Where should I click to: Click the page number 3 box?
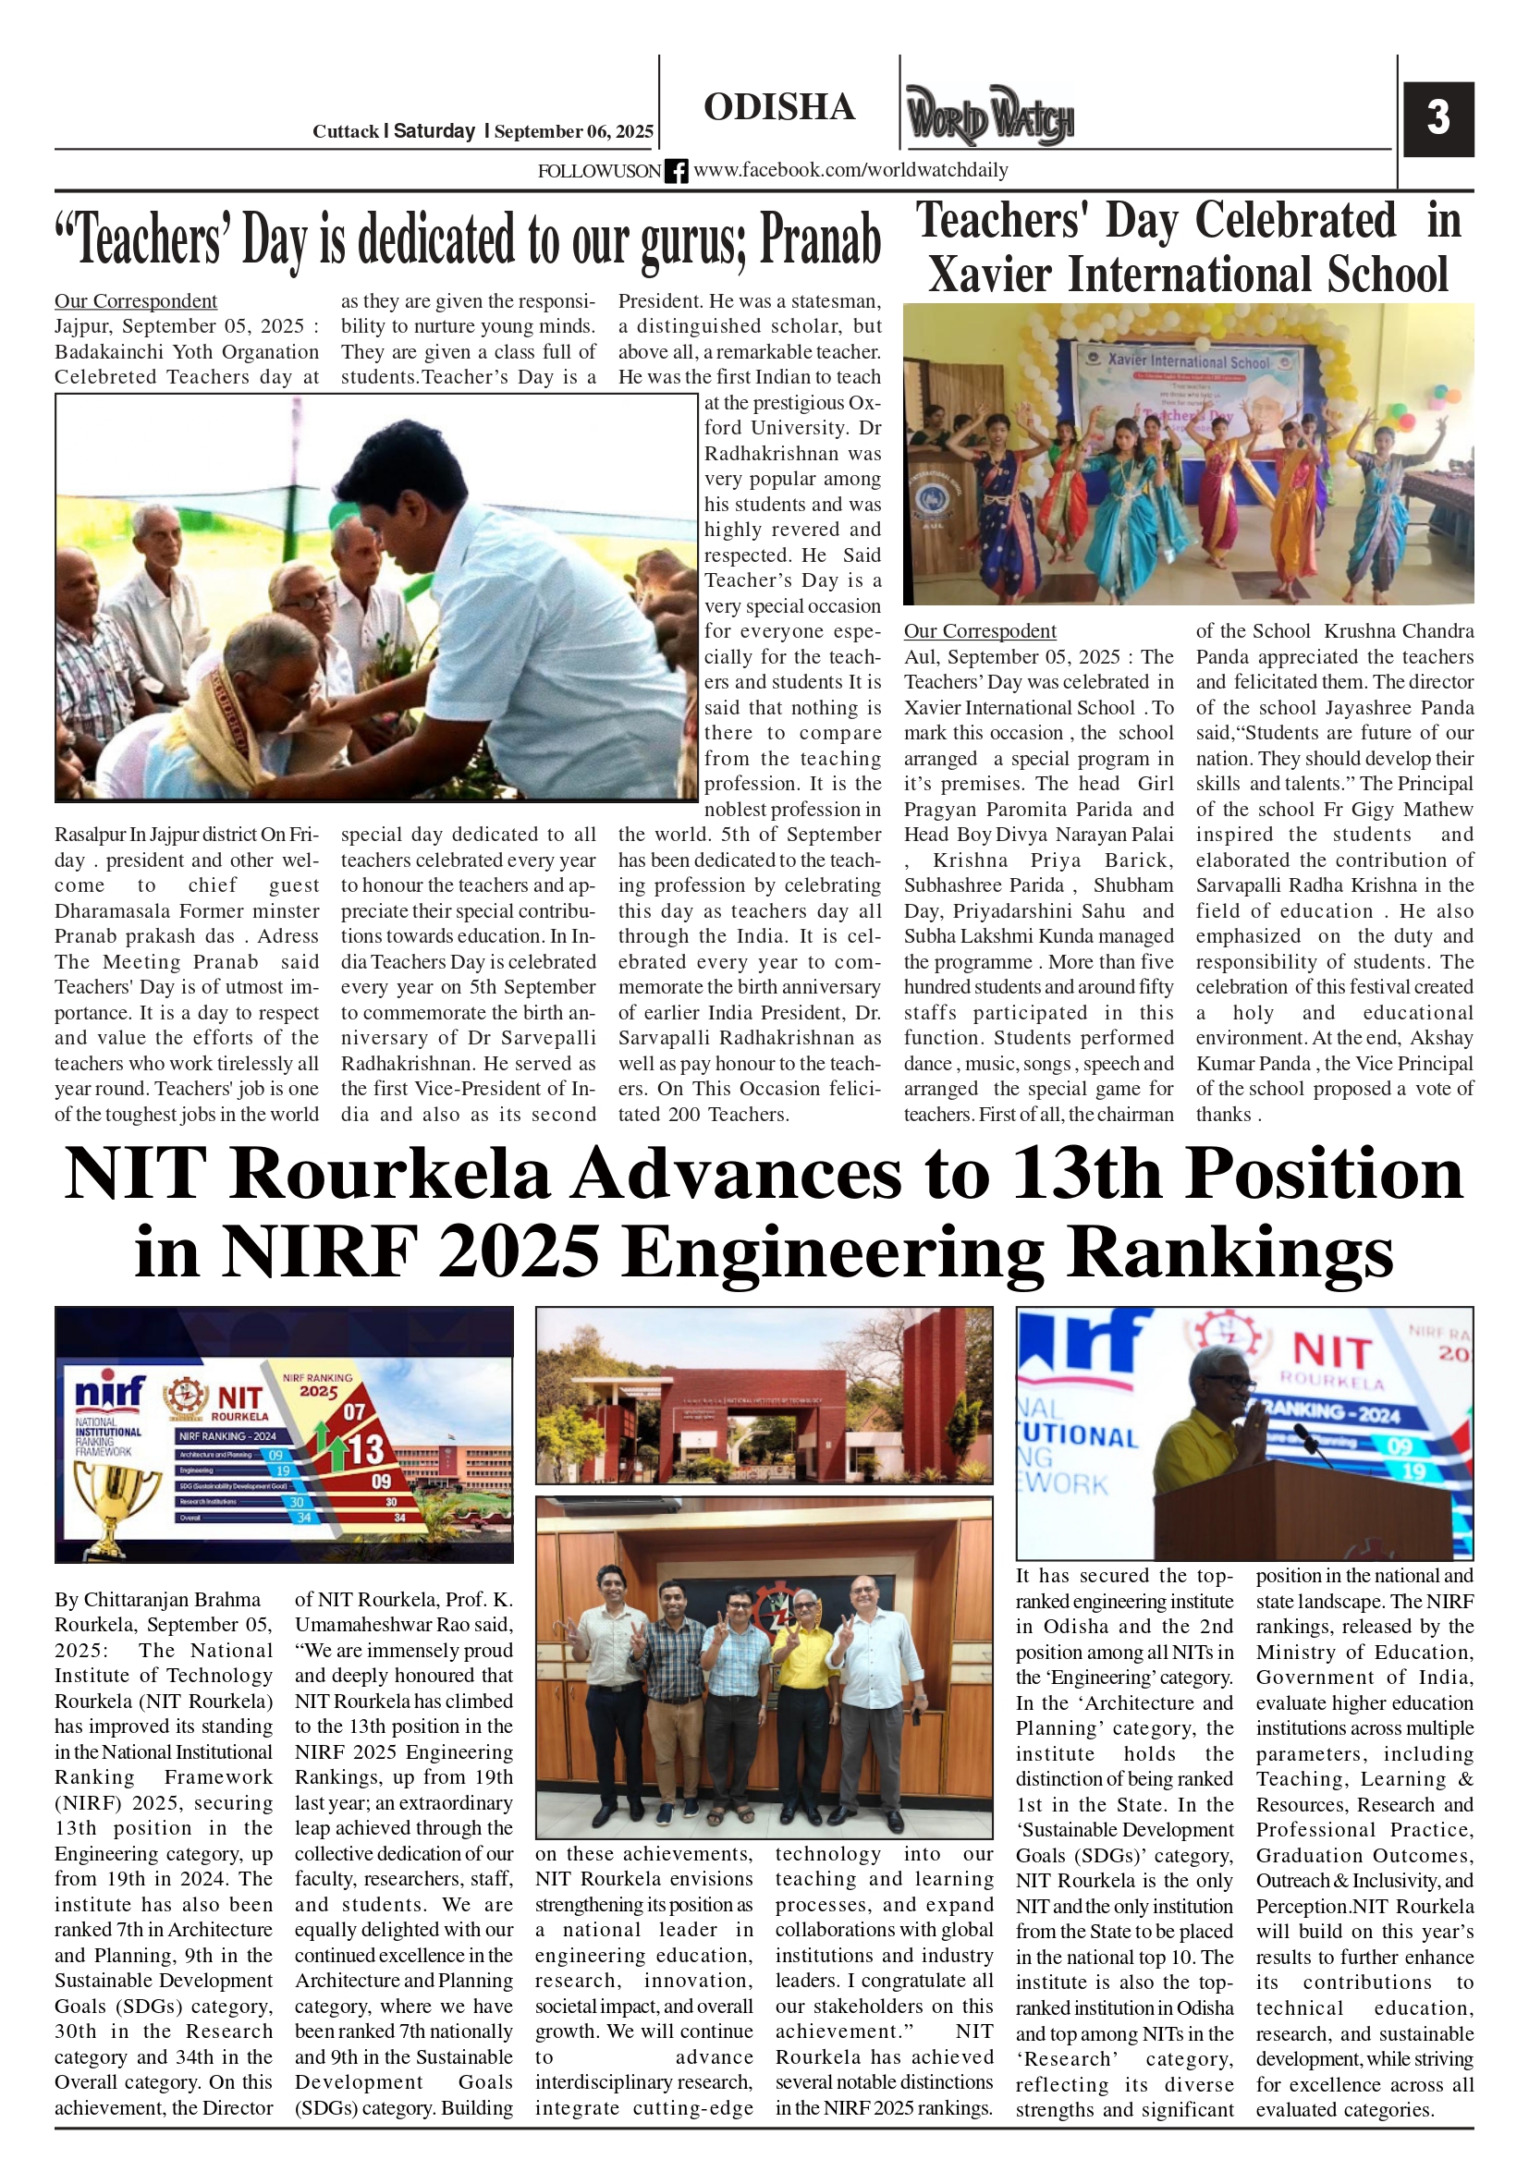coord(1437,119)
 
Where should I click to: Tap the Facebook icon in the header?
coord(677,171)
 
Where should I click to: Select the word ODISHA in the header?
coord(779,107)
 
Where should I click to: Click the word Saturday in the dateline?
coord(434,131)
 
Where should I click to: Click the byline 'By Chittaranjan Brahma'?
coord(157,1599)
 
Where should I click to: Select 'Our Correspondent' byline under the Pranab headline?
coord(135,301)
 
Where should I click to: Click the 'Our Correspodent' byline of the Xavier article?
coord(979,631)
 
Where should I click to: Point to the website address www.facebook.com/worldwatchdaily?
coord(850,170)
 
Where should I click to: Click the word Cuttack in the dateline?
coord(345,131)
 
